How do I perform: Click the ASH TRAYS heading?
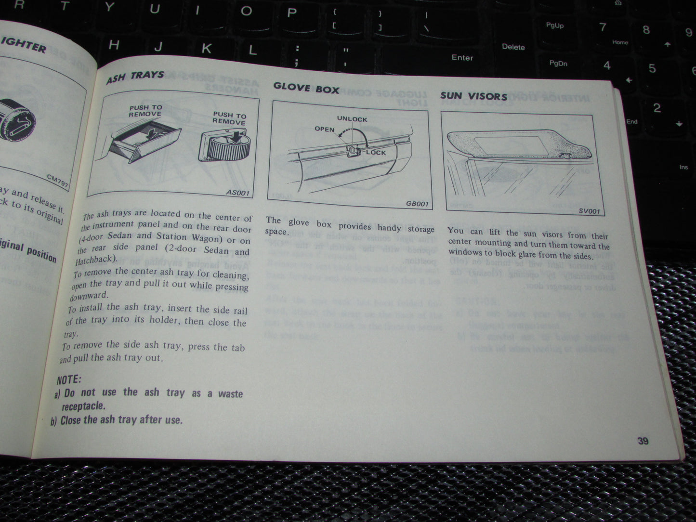(135, 77)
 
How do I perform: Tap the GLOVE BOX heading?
(306, 88)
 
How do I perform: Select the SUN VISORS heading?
(473, 96)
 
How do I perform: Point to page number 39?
(643, 441)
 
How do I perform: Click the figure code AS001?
(237, 193)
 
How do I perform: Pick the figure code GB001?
(417, 204)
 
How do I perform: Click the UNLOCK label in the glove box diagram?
(352, 119)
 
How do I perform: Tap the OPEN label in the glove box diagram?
(324, 129)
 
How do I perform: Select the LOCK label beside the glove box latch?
(376, 152)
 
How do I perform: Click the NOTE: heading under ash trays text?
(69, 379)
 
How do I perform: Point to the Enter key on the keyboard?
(462, 57)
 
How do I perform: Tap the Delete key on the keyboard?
(513, 47)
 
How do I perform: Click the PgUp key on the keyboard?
(554, 26)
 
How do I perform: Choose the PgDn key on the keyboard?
(558, 63)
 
